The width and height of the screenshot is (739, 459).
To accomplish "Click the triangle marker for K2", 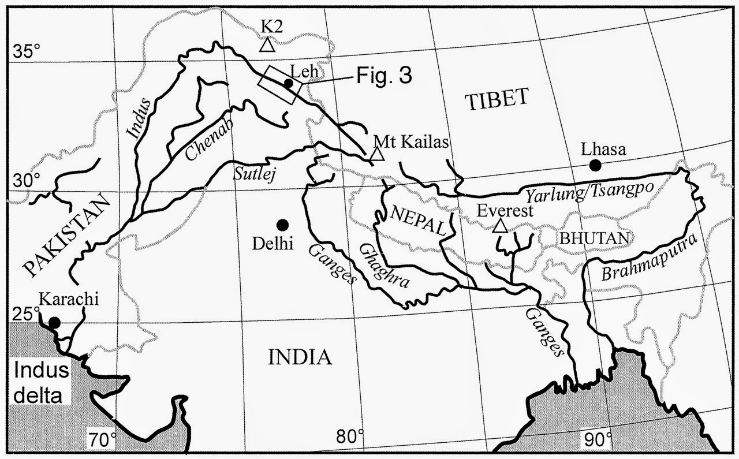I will pyautogui.click(x=267, y=44).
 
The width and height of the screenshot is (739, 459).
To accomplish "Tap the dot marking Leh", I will pyautogui.click(x=288, y=83).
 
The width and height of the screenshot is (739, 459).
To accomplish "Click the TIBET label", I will pyautogui.click(x=497, y=98).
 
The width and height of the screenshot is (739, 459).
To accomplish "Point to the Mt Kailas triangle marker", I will pyautogui.click(x=377, y=154).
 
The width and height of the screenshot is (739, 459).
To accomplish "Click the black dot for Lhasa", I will pyautogui.click(x=595, y=165).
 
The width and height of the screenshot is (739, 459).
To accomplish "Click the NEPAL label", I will pyautogui.click(x=419, y=221).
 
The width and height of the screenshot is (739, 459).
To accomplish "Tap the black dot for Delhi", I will pyautogui.click(x=282, y=225).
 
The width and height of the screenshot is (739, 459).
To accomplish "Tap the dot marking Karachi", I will pyautogui.click(x=54, y=322).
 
